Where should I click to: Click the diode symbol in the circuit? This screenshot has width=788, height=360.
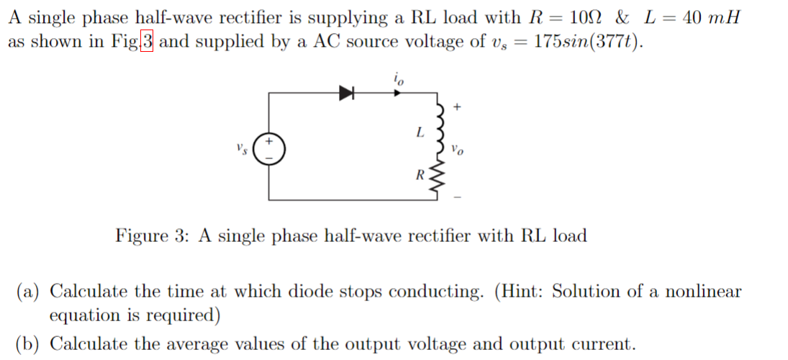[348, 92]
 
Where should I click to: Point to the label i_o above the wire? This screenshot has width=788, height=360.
[399, 77]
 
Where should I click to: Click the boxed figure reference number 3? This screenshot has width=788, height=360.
[147, 42]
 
